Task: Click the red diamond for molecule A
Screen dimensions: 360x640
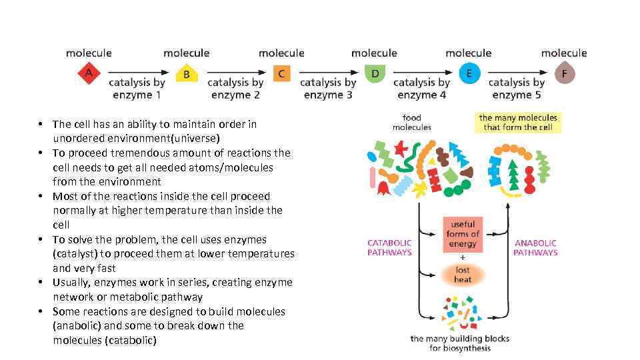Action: click(x=89, y=73)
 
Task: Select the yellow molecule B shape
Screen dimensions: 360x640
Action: click(x=187, y=73)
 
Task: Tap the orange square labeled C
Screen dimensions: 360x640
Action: click(x=281, y=73)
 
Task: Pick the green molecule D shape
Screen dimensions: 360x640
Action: click(x=375, y=73)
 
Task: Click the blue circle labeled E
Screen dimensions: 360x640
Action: click(x=469, y=73)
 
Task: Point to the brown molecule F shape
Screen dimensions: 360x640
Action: click(x=564, y=73)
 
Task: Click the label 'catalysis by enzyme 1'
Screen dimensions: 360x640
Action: click(x=137, y=89)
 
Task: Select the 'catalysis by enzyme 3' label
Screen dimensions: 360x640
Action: click(x=328, y=89)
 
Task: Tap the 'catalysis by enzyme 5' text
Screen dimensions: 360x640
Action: click(x=517, y=89)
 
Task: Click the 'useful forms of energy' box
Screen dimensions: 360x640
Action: click(x=463, y=234)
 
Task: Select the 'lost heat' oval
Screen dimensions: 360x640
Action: click(x=463, y=275)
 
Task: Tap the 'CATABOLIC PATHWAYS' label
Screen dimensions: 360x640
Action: click(x=389, y=247)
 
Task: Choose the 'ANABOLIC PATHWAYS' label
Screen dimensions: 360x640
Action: click(x=535, y=247)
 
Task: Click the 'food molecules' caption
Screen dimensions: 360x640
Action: click(x=411, y=123)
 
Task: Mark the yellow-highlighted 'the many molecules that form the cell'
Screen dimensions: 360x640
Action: click(x=518, y=123)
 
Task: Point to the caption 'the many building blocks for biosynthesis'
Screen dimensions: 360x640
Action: click(x=459, y=343)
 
